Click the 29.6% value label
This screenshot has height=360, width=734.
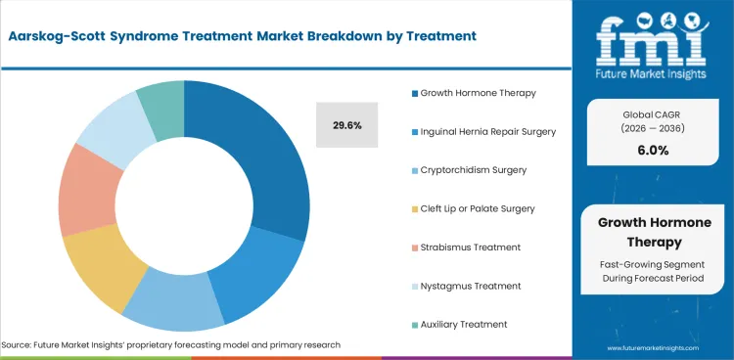point(346,125)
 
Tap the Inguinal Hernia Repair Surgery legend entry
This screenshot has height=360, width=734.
point(488,132)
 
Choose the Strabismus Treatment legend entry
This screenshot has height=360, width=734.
point(470,247)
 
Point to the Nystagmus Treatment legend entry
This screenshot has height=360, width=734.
point(468,286)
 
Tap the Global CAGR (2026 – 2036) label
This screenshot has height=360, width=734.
point(654,119)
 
